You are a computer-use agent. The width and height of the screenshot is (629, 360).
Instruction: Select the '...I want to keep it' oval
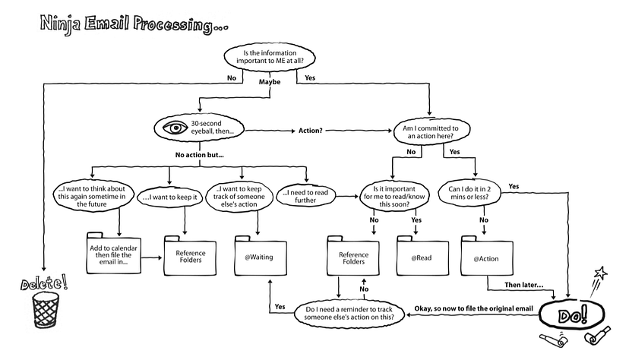pos(170,197)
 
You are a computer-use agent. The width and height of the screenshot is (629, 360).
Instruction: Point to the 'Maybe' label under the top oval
pos(270,81)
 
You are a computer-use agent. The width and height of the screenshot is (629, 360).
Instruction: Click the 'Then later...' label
pos(523,286)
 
